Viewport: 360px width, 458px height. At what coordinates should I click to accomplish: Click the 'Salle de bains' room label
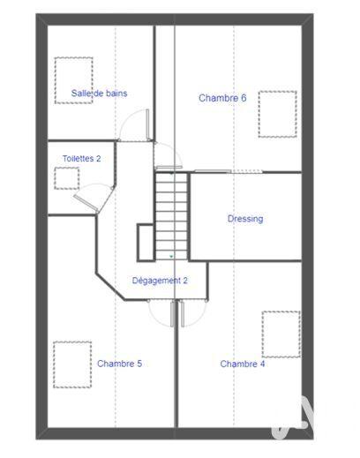point(99,93)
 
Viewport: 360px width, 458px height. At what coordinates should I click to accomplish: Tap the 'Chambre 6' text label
point(222,98)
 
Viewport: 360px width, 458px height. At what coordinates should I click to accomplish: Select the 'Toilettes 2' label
point(81,159)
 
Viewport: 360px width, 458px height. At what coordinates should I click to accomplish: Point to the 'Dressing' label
point(245,219)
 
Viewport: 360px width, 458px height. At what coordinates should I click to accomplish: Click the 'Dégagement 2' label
point(160,281)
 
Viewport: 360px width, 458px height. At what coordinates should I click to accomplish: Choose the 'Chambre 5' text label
point(119,364)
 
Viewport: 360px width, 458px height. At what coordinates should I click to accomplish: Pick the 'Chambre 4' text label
point(243,364)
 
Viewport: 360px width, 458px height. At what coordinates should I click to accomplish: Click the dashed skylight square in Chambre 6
point(278,113)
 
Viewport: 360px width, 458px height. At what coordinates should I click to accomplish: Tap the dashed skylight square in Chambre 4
point(281,334)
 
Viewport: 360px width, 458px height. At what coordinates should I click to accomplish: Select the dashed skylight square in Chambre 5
point(72,364)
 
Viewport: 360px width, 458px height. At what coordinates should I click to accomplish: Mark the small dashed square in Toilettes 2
point(67,178)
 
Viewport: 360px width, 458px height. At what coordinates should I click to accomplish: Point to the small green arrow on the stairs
point(171,256)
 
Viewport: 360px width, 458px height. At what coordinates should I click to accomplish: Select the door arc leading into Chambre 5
point(161,312)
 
